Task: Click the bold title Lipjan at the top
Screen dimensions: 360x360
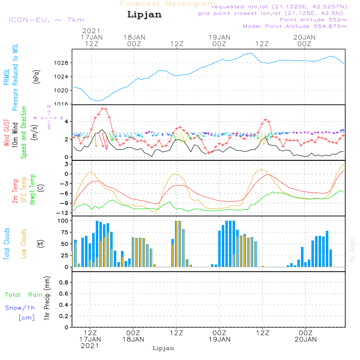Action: [x=144, y=15]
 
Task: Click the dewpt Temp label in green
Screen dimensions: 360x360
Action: [x=33, y=190]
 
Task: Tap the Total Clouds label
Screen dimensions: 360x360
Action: [x=7, y=244]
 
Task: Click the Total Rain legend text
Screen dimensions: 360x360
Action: [x=24, y=295]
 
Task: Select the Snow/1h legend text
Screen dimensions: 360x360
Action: [x=20, y=308]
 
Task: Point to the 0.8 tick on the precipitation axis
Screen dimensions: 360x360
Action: [x=63, y=283]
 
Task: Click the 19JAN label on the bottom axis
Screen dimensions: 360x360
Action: [x=219, y=339]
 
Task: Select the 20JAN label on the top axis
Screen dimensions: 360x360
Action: [x=305, y=37]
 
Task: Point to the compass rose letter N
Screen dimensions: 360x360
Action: [x=49, y=107]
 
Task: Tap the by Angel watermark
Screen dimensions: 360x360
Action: [x=352, y=249]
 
